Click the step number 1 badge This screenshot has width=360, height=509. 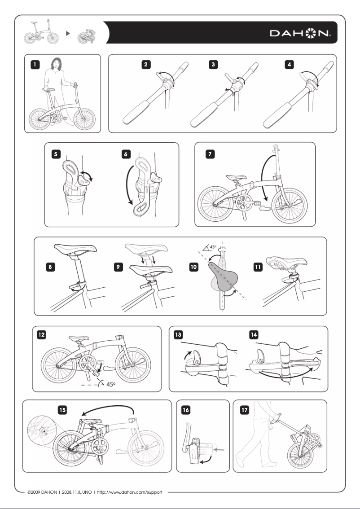[x=34, y=64]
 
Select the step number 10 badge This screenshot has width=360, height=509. [x=193, y=267]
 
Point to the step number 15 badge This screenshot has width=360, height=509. [x=62, y=409]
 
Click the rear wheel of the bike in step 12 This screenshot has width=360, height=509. [x=58, y=364]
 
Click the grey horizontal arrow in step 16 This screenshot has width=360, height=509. [x=220, y=447]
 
